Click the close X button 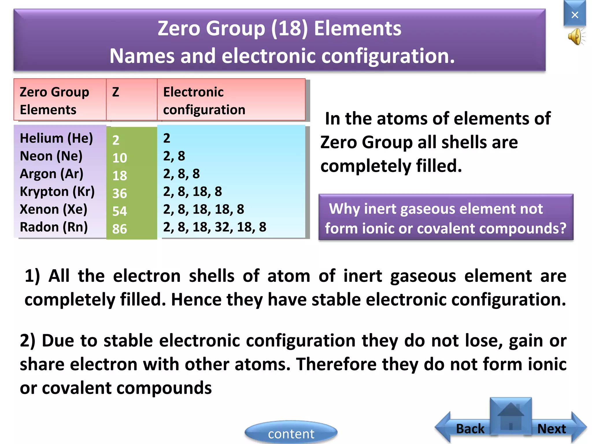575,14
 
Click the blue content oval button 291,433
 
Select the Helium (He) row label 56,138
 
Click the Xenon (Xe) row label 53,209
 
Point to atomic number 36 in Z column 120,193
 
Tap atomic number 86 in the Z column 120,229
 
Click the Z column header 116,92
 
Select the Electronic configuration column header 204,101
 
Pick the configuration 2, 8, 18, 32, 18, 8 214,227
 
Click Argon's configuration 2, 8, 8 181,174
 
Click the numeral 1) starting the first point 32,276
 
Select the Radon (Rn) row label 54,227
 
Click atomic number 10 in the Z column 120,158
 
